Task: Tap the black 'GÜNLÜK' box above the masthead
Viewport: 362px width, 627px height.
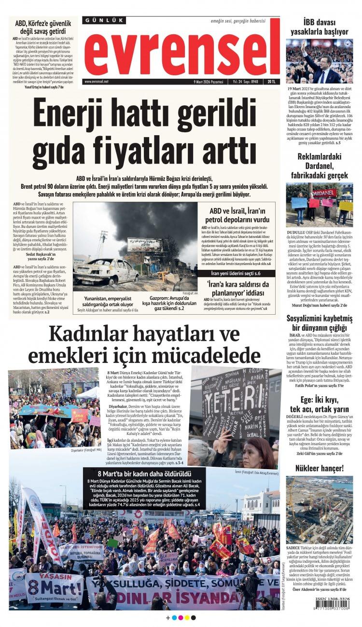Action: (104, 21)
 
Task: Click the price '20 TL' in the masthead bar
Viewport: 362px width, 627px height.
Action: (273, 82)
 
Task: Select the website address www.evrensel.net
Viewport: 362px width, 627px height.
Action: (96, 82)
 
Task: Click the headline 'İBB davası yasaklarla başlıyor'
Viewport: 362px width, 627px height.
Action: (319, 27)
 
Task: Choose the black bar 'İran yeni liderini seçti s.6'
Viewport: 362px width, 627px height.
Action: (236, 274)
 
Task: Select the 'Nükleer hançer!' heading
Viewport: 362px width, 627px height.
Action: (319, 468)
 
